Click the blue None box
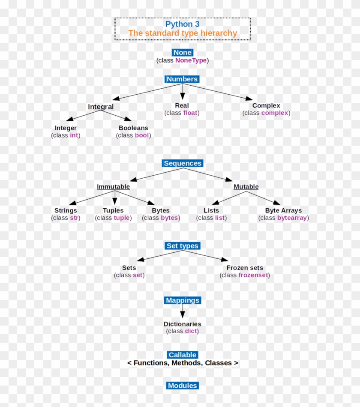182,53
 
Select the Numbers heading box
182,79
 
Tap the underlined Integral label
101,107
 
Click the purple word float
190,113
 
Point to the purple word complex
275,113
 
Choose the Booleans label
133,128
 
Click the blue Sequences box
182,163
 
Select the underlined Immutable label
113,187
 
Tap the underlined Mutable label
246,187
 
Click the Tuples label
113,210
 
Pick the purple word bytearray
292,218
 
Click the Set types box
182,246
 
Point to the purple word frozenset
253,275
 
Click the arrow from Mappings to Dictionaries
182,311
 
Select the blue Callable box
182,355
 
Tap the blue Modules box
182,386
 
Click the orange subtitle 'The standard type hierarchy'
182,33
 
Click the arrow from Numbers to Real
182,91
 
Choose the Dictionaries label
182,324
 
